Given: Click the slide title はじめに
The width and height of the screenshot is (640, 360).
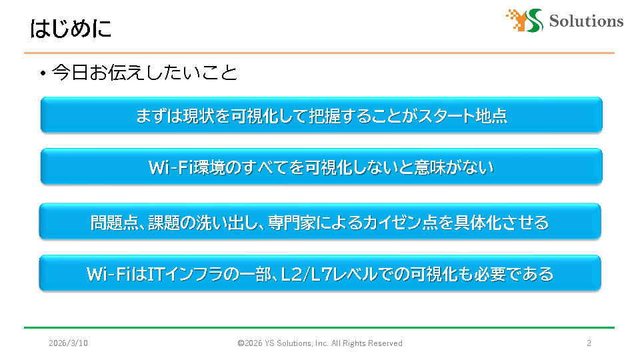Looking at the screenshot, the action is [71, 29].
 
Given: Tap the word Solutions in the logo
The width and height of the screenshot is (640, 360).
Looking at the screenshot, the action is [586, 21].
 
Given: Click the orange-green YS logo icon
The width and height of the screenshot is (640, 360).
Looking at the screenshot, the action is [525, 21].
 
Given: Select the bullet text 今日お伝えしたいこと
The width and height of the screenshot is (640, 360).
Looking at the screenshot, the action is [145, 73].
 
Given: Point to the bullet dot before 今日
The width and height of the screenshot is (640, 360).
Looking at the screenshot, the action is [43, 73].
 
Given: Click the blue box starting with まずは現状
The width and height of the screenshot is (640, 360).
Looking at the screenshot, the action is [321, 115].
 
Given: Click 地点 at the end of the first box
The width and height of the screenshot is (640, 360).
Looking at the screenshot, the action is [491, 116].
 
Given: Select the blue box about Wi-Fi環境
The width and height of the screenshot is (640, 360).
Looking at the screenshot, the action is [321, 166].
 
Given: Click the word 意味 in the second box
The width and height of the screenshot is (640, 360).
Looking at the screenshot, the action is [430, 167].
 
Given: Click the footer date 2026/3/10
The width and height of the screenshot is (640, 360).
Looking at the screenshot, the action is [68, 343].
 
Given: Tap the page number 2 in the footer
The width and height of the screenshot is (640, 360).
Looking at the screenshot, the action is [589, 343].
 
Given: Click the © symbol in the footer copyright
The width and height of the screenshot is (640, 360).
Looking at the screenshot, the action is [241, 343].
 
